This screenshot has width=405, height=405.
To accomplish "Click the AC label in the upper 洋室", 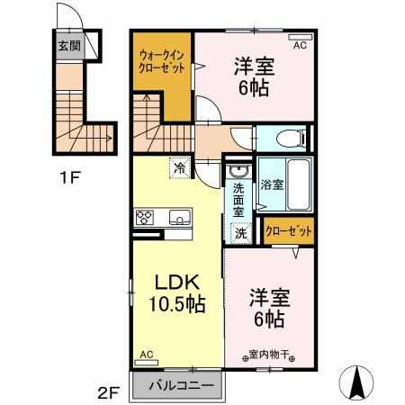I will pyautogui.click(x=301, y=40).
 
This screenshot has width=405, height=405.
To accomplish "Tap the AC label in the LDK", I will pyautogui.click(x=146, y=355).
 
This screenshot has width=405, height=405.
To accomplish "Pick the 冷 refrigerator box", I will pyautogui.click(x=179, y=167).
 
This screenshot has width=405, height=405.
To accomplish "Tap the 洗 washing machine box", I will pyautogui.click(x=240, y=232).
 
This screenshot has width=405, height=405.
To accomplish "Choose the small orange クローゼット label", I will pyautogui.click(x=289, y=231).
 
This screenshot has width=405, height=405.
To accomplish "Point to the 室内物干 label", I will pyautogui.click(x=269, y=355).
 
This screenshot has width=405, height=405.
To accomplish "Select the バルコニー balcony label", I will pyautogui.click(x=180, y=385).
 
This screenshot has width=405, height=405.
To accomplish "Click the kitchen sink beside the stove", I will pyautogui.click(x=178, y=217).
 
